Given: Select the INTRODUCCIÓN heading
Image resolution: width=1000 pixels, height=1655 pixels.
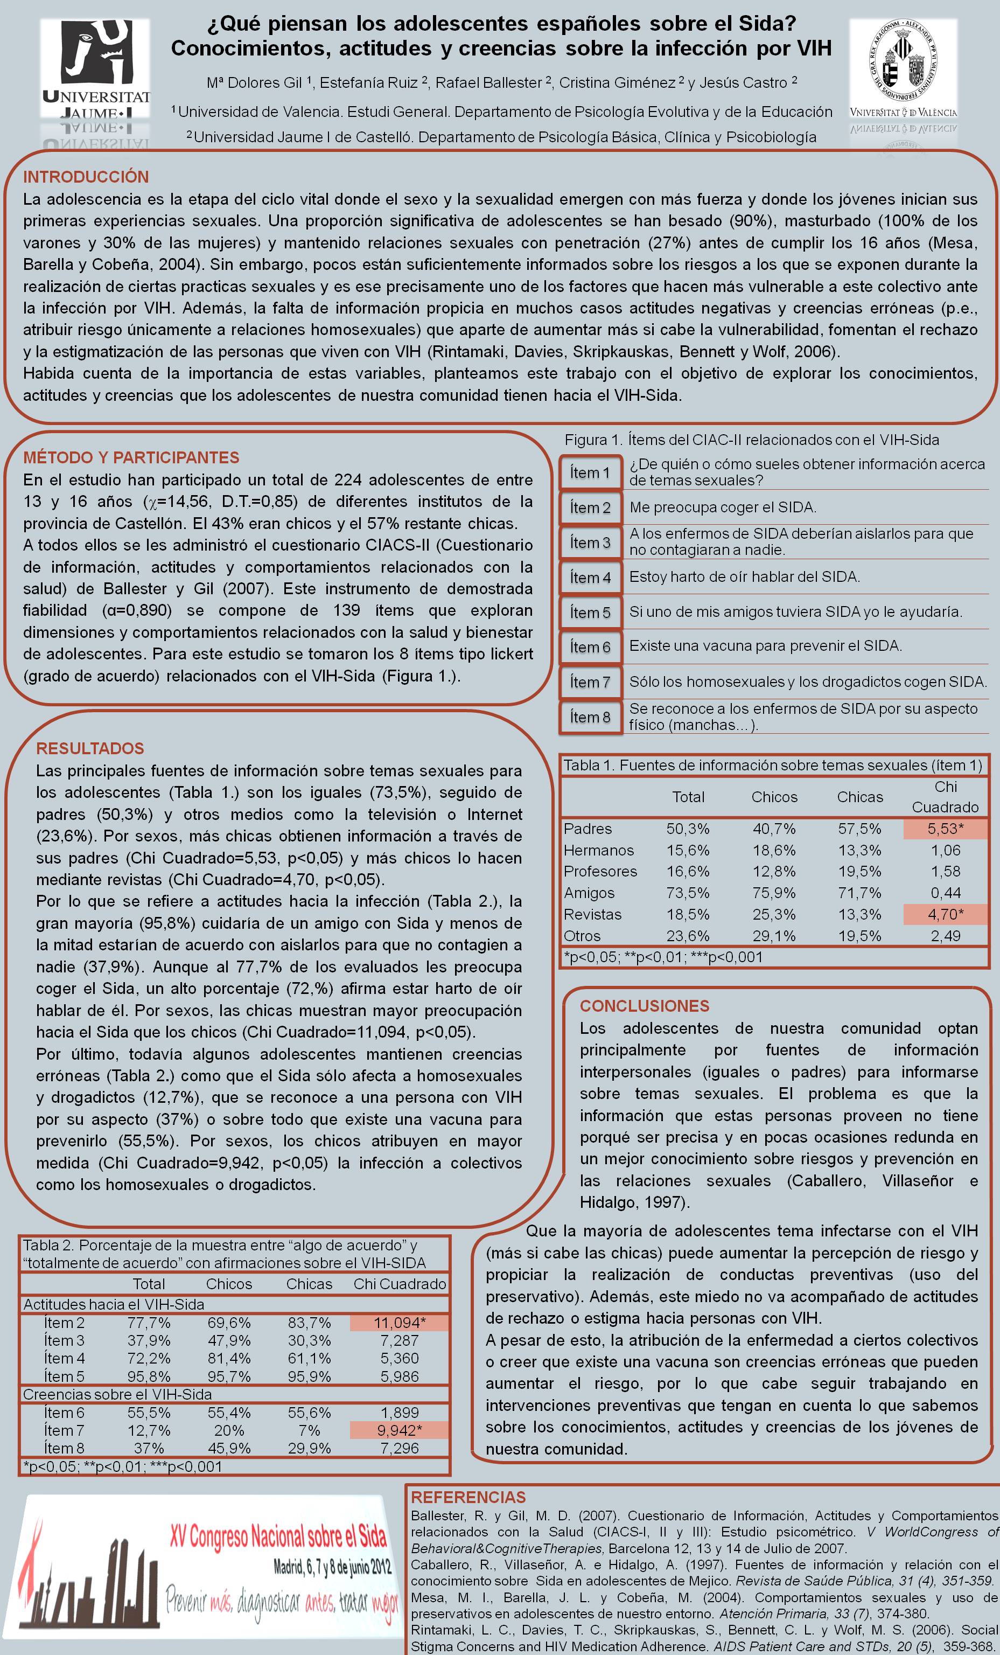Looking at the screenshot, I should tap(86, 177).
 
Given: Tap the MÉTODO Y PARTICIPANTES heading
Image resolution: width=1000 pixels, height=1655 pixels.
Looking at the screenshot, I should tap(131, 457).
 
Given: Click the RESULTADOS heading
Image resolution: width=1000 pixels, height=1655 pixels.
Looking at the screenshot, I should tap(90, 748).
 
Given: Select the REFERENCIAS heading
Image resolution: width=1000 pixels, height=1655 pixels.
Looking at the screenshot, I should tap(468, 1497).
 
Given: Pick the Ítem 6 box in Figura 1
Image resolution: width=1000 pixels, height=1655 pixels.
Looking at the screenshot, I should tap(590, 648).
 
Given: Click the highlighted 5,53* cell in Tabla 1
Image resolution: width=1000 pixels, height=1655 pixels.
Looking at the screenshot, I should tap(945, 829).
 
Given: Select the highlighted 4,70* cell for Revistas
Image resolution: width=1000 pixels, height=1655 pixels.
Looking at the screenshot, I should tap(945, 914).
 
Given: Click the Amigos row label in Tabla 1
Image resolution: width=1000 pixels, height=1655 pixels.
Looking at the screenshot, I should tap(589, 893).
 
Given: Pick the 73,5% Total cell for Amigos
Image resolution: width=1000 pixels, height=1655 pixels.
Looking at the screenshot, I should tap(688, 893).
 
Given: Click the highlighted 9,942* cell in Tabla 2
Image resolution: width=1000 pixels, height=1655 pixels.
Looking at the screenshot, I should tap(400, 1430).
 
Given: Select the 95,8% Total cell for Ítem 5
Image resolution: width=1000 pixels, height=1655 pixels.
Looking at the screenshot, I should tap(149, 1376).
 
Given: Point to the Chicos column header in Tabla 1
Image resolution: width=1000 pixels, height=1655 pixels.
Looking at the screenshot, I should tap(774, 797).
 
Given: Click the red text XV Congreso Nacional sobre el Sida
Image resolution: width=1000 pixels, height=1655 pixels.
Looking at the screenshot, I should tap(279, 1535).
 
